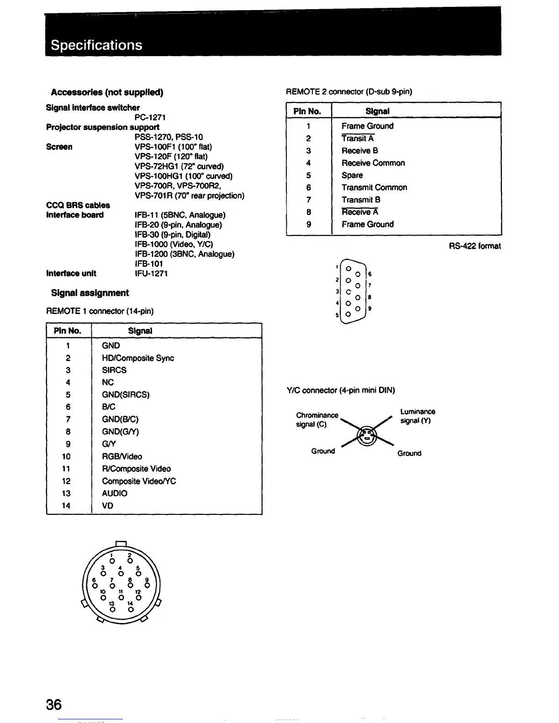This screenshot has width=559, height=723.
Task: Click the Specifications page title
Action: pyautogui.click(x=96, y=45)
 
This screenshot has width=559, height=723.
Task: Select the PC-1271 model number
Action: pyautogui.click(x=150, y=117)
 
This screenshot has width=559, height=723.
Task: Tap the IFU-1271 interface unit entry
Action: pyautogui.click(x=151, y=273)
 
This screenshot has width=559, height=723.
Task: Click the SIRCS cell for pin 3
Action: pyautogui.click(x=114, y=370)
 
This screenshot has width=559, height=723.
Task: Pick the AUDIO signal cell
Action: pyautogui.click(x=115, y=493)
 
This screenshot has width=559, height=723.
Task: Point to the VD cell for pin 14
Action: pyautogui.click(x=108, y=506)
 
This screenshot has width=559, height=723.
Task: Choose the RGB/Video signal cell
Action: pyautogui.click(x=122, y=456)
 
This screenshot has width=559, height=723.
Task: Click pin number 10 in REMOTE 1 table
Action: pyautogui.click(x=66, y=456)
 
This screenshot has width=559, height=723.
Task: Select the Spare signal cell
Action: pyautogui.click(x=352, y=175)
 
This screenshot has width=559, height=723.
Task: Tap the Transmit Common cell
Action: pyautogui.click(x=374, y=188)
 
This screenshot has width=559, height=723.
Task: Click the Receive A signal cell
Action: pyautogui.click(x=360, y=212)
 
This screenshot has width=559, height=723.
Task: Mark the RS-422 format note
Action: pyautogui.click(x=475, y=246)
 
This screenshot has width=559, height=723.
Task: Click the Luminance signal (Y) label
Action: pyautogui.click(x=417, y=416)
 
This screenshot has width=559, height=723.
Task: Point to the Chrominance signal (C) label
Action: pyautogui.click(x=317, y=419)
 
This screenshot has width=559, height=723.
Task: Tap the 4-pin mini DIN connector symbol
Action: pyautogui.click(x=367, y=436)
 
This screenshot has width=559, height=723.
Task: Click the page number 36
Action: pyautogui.click(x=53, y=705)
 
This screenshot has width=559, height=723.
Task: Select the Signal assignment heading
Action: pyautogui.click(x=90, y=293)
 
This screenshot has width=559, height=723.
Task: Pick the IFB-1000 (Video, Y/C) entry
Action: pyautogui.click(x=174, y=244)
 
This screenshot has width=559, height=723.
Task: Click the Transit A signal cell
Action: pyautogui.click(x=358, y=139)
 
